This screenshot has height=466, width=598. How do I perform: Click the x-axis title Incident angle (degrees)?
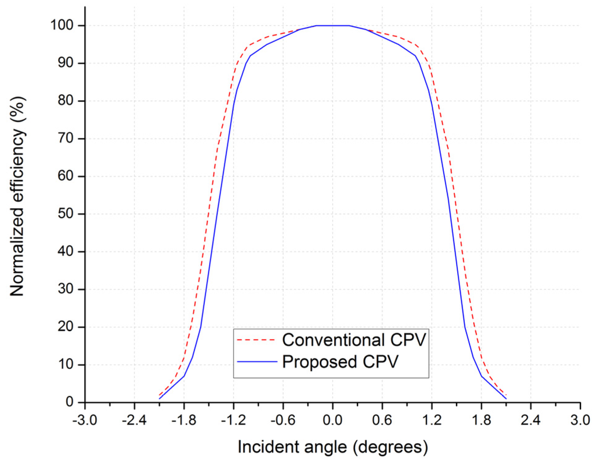coord(332,448)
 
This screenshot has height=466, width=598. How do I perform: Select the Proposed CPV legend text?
coord(340,361)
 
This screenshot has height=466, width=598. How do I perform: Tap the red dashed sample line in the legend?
coord(256,340)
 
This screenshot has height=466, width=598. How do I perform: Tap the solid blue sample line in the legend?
coord(256,361)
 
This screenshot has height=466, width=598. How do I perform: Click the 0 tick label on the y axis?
coord(71,402)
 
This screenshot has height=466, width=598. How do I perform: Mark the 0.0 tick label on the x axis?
coord(332,419)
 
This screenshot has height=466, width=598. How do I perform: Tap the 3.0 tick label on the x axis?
coord(580,419)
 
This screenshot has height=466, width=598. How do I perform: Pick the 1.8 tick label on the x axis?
coord(481,419)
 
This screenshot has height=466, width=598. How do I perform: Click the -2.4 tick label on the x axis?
coord(134,419)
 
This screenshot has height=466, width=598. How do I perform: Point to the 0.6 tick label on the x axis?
coord(382,419)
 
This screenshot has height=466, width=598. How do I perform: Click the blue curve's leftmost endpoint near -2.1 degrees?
coord(159,399)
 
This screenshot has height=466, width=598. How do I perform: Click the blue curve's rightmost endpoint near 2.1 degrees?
coord(506,399)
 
